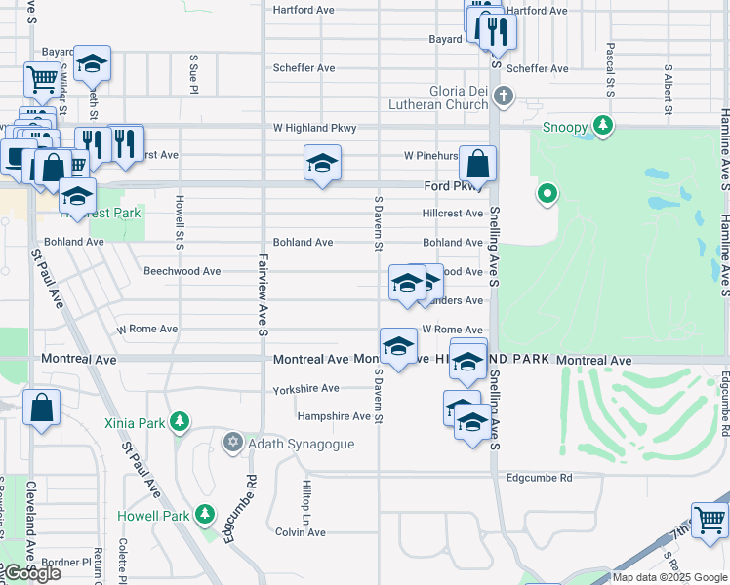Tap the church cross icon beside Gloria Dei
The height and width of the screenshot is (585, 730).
503,96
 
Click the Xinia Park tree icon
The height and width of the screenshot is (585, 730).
179,421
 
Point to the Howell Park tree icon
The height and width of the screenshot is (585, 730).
204,513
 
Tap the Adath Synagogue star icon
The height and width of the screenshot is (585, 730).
232,443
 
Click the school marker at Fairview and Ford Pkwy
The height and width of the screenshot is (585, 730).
321,164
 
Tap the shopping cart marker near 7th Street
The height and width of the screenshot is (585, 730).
710,520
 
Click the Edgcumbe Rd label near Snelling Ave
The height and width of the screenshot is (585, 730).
539,478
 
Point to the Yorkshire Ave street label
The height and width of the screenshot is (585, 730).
305,388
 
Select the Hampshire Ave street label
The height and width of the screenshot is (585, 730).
334,416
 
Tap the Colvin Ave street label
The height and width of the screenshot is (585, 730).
300,532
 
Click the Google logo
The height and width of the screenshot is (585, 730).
31,573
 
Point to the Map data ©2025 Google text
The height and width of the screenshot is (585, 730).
669,577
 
